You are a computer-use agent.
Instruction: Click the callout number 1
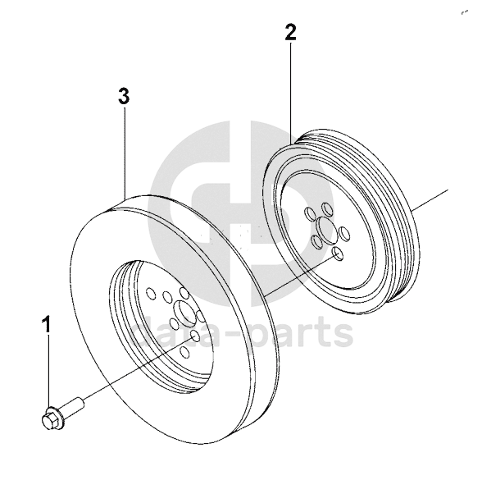click(x=47, y=323)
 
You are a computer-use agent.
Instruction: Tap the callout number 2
click(x=290, y=32)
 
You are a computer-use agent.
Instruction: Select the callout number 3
click(x=124, y=96)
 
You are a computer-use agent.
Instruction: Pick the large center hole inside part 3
click(x=184, y=312)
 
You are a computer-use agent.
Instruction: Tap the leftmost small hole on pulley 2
click(x=308, y=213)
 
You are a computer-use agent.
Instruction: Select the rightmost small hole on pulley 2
click(x=344, y=233)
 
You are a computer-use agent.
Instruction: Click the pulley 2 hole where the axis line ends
click(x=338, y=254)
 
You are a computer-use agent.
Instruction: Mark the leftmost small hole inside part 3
click(x=151, y=293)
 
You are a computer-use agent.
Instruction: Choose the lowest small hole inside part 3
click(x=184, y=352)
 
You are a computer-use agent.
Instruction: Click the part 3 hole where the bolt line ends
click(x=195, y=336)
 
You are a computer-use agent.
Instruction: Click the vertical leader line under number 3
click(x=125, y=153)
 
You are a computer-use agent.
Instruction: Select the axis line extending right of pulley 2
click(x=430, y=200)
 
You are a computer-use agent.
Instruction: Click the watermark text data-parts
click(x=242, y=331)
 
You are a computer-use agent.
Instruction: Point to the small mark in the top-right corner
click(x=464, y=12)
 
